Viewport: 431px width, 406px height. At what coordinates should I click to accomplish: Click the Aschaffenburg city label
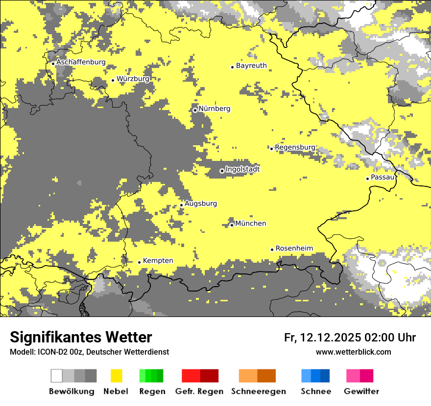[81, 63]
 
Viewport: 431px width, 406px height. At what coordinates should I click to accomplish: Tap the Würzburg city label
[133, 79]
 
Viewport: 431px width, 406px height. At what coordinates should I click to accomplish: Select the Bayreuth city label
[251, 66]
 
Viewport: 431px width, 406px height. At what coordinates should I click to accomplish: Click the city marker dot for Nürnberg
[195, 110]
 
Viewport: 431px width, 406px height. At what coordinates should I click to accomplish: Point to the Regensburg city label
[295, 147]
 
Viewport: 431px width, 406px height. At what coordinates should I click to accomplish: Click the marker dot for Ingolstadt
[222, 171]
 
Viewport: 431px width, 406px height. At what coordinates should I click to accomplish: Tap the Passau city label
[383, 178]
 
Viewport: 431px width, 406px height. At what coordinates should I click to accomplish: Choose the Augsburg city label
[200, 203]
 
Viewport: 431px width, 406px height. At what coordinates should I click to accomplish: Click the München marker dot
[232, 225]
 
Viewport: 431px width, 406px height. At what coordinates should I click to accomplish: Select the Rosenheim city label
[294, 248]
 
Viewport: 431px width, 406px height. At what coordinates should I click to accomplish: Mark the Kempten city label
[158, 261]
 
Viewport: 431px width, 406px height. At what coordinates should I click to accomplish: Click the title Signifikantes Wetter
[81, 337]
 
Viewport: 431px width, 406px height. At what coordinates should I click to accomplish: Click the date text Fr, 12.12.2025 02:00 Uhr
[350, 338]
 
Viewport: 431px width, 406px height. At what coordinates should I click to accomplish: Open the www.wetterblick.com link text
[353, 352]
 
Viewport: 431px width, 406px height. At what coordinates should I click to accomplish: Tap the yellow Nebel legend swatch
[117, 376]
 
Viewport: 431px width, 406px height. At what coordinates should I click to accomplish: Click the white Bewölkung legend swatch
[57, 376]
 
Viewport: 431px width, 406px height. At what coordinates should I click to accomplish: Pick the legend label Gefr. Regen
[199, 391]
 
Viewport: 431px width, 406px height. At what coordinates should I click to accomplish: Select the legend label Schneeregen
[259, 391]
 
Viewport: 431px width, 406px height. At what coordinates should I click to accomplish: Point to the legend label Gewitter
[361, 391]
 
